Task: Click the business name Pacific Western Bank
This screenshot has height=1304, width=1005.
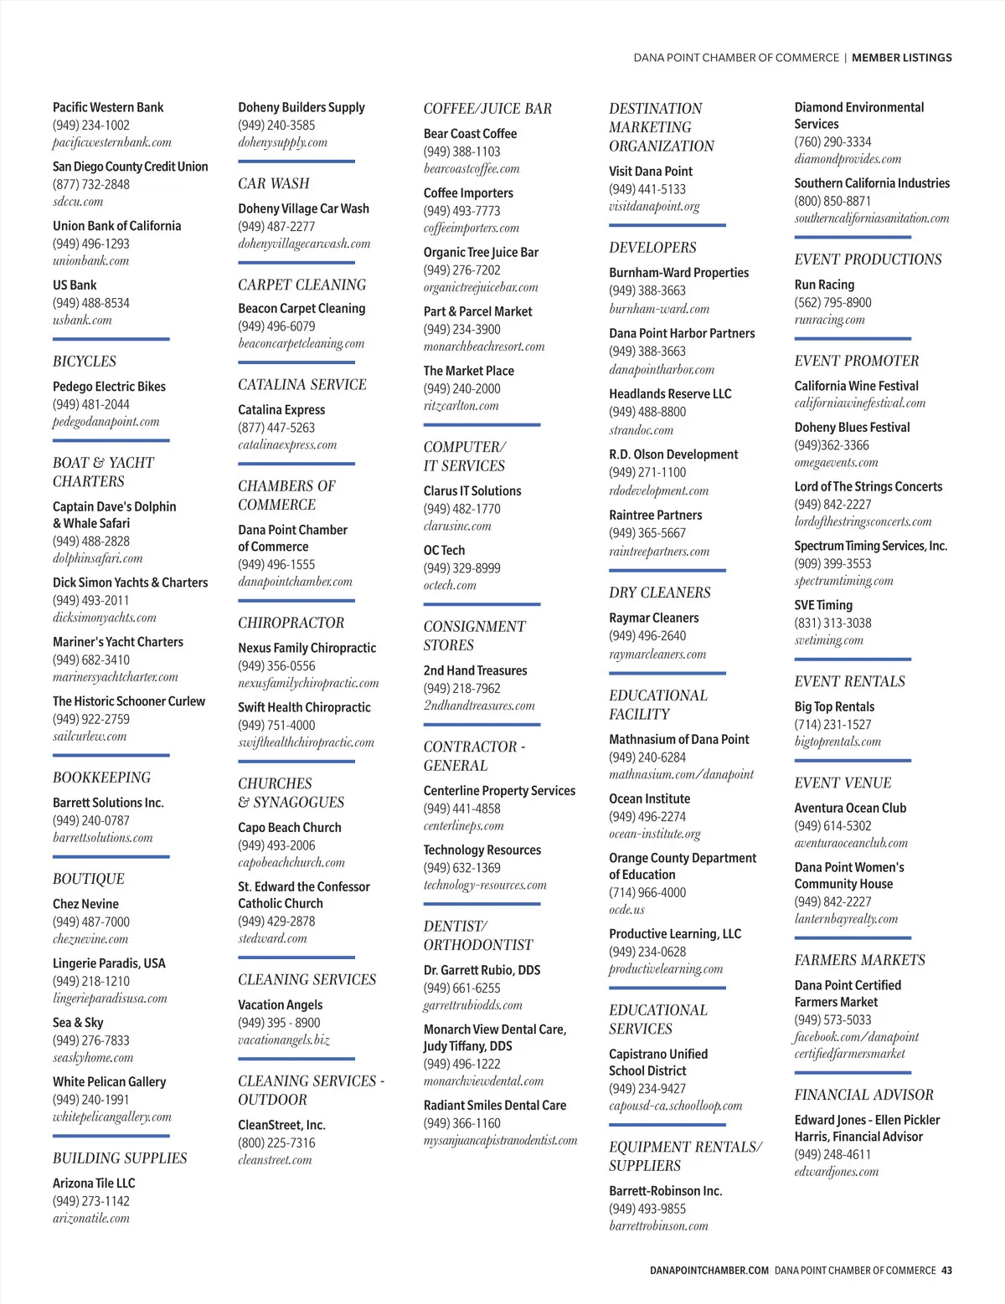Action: click(108, 107)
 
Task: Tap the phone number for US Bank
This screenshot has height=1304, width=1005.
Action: click(91, 303)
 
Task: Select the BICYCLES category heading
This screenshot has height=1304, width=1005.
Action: click(85, 362)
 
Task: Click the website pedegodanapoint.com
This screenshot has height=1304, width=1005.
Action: click(106, 422)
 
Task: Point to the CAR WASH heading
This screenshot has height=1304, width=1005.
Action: click(274, 183)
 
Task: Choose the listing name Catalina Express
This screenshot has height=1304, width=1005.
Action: click(281, 410)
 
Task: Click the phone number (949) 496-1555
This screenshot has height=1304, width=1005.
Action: click(276, 565)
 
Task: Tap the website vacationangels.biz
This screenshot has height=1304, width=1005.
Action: click(284, 1040)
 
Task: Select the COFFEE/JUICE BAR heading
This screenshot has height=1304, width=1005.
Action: click(487, 109)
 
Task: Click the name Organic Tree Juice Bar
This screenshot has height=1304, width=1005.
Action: click(481, 252)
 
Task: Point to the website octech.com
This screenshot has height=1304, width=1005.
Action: click(450, 586)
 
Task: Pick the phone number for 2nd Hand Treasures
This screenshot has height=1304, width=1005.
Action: click(461, 689)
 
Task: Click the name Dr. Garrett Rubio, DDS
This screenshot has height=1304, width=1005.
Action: click(482, 970)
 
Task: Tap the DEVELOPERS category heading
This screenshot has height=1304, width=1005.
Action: click(652, 248)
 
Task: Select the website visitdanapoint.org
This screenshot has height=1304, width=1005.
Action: click(654, 207)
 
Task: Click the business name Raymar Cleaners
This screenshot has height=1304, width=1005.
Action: click(653, 618)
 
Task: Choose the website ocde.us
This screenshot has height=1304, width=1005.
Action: click(626, 910)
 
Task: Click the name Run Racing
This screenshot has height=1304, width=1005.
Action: click(824, 285)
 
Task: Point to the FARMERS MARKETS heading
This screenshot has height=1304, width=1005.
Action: click(859, 960)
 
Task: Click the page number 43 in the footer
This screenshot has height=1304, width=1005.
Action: click(946, 1271)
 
